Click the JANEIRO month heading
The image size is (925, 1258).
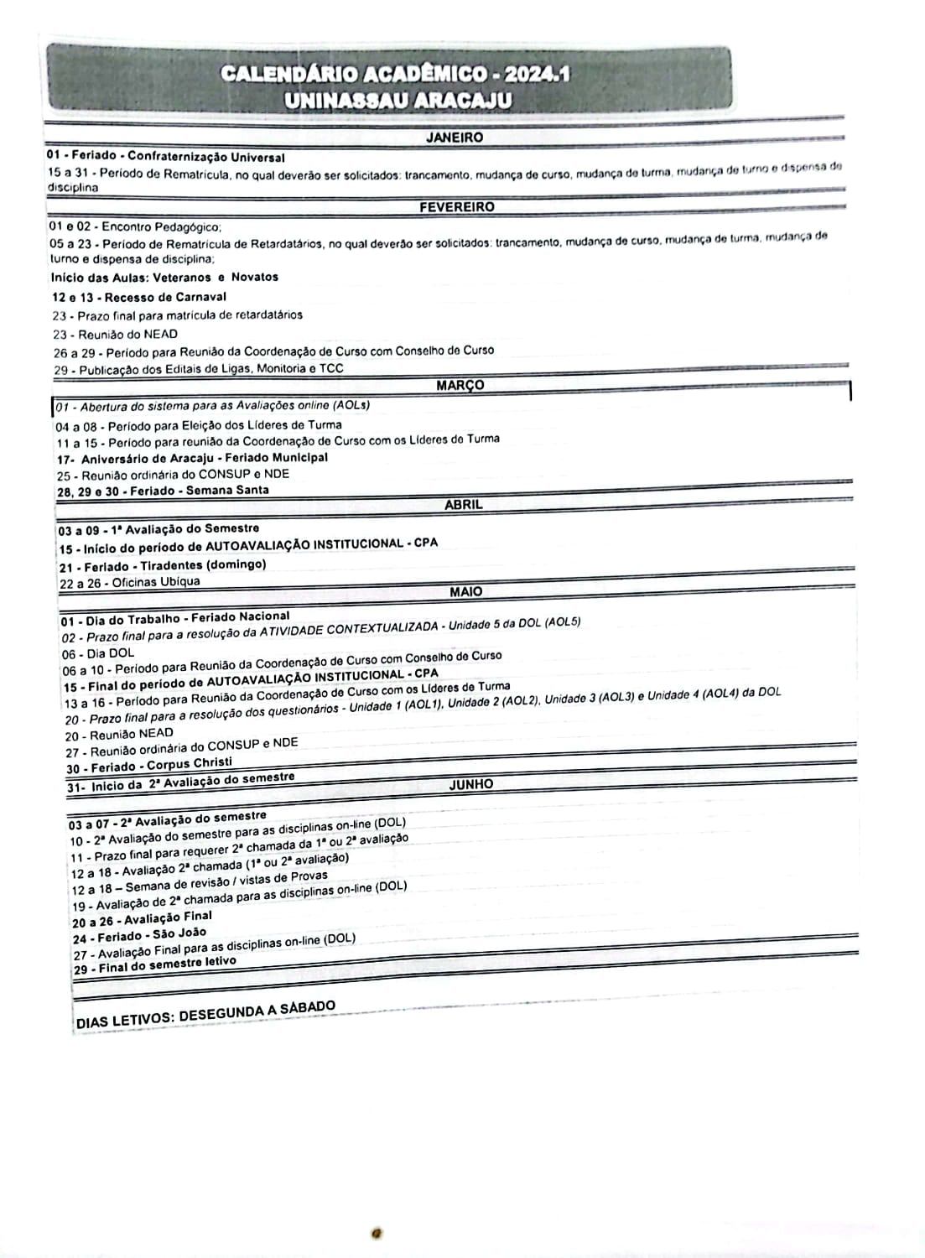(455, 138)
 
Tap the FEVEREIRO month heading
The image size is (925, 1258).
(457, 207)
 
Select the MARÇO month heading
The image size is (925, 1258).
(460, 386)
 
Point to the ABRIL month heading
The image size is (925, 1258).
(463, 505)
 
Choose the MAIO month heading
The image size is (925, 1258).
(465, 592)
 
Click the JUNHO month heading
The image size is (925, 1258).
(471, 785)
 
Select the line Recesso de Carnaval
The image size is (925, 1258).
(138, 297)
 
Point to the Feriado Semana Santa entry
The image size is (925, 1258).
(163, 491)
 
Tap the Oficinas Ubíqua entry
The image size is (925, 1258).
(130, 582)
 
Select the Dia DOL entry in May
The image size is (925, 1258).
(98, 653)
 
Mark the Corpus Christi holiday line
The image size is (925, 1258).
(149, 765)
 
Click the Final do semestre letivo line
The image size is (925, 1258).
(155, 966)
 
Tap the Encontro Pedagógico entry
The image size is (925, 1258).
(136, 226)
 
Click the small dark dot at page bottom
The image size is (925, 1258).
(378, 1233)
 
